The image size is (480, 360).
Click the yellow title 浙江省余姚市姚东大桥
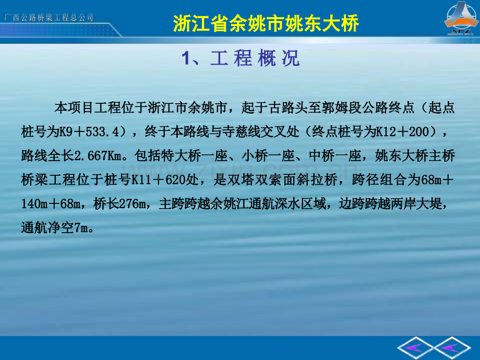[266, 23]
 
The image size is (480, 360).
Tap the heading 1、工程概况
[241, 58]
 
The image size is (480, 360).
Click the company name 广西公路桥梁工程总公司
[49, 17]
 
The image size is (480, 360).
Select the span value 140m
[34, 203]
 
